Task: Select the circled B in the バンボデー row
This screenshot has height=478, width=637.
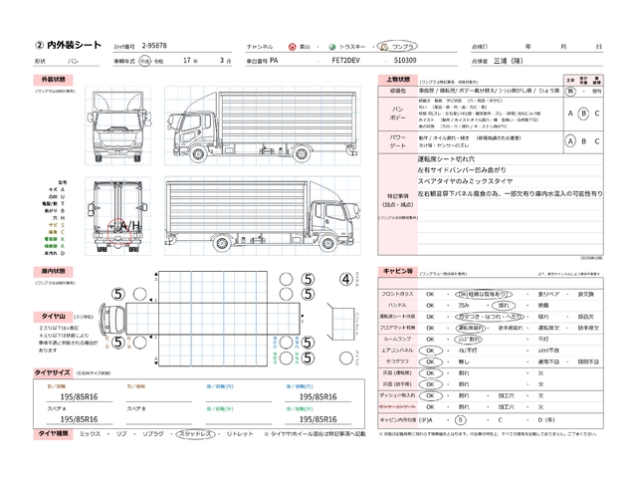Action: [x=583, y=114]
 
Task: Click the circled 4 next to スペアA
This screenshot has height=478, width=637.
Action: [x=346, y=279]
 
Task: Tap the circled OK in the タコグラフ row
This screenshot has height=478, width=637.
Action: [x=431, y=360]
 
